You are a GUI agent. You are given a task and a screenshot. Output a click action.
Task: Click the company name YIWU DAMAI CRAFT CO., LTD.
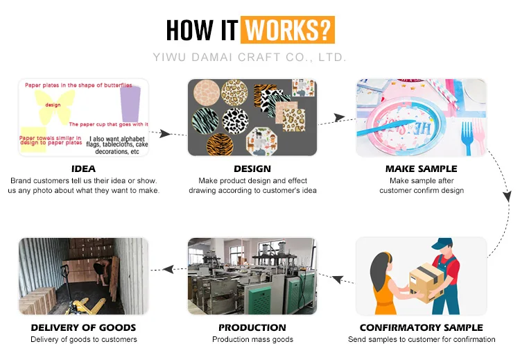pos(250,57)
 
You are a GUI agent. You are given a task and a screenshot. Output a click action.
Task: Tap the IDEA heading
pos(83,169)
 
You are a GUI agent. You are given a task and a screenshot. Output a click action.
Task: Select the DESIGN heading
pos(252,169)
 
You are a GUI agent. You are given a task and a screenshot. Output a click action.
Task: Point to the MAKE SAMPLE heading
pos(421,169)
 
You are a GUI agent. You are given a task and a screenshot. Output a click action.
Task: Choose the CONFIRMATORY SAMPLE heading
pos(421,327)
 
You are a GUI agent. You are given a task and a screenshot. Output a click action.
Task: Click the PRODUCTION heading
pos(252,327)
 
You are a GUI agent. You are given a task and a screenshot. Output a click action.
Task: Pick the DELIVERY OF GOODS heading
pos(83,327)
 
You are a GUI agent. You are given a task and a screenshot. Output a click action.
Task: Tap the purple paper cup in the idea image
pos(130,103)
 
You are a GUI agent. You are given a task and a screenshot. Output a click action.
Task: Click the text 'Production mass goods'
pos(252,339)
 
